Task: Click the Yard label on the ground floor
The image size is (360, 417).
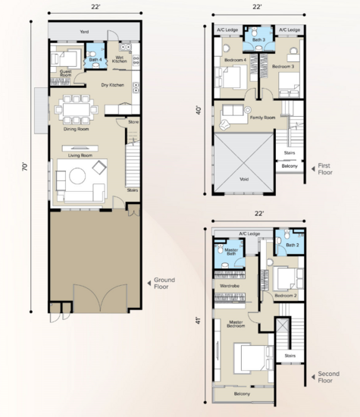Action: click(84, 33)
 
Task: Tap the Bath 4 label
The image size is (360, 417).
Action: click(95, 58)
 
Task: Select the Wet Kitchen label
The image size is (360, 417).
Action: click(120, 59)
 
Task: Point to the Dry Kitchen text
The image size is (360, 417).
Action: click(113, 85)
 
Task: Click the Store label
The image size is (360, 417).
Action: click(133, 121)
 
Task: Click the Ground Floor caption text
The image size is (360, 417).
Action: click(164, 283)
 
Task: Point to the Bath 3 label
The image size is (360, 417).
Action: click(258, 39)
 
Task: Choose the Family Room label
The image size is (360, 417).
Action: click(261, 117)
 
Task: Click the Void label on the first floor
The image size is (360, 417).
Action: click(243, 180)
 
